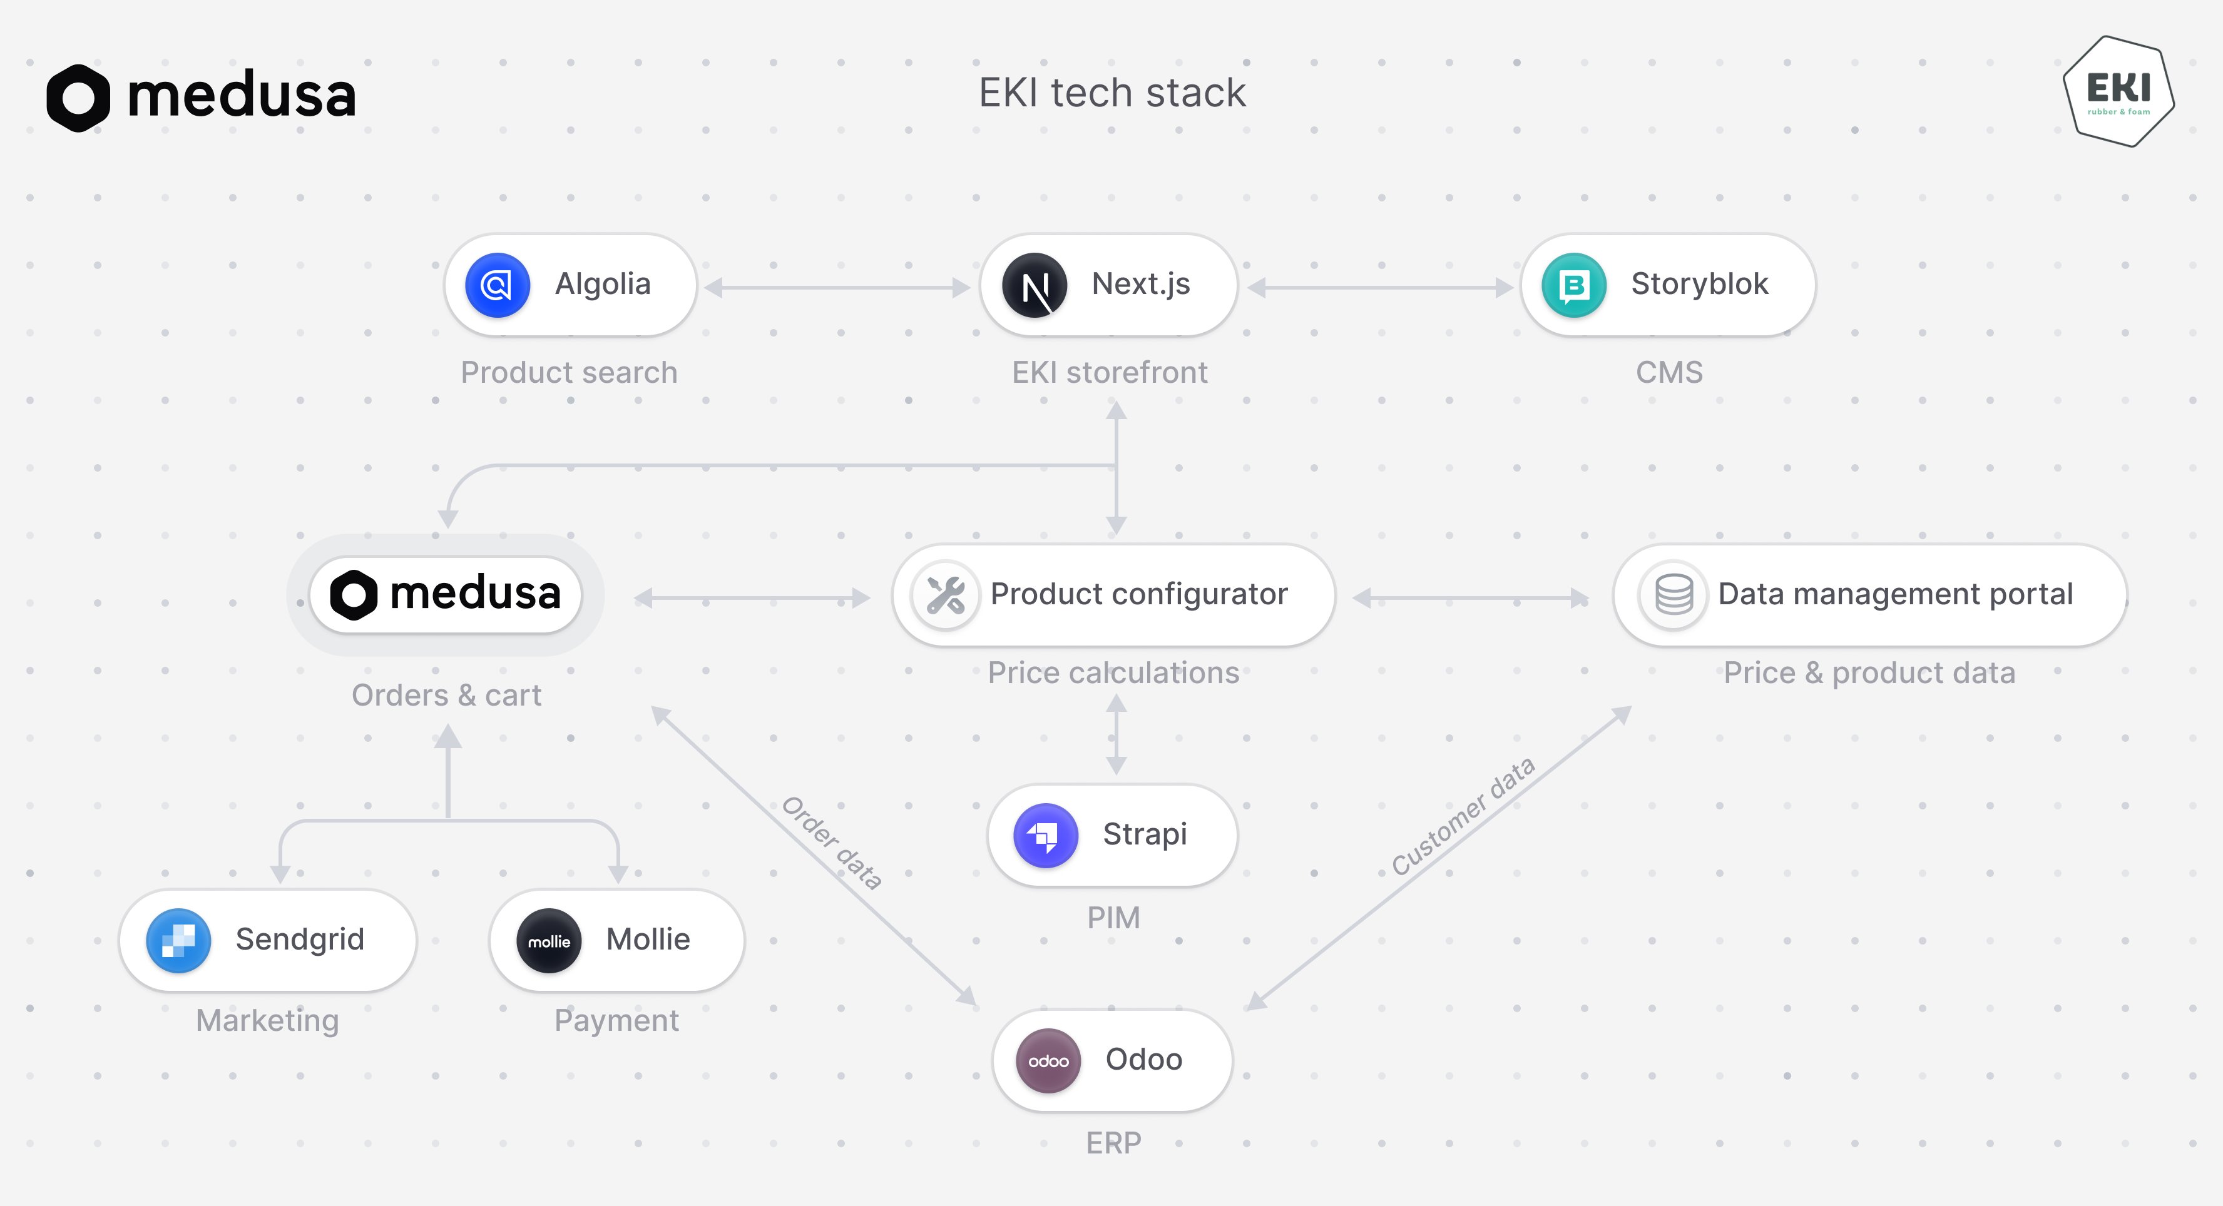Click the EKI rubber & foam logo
coord(2118,91)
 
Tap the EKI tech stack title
coord(1111,93)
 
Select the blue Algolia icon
coord(497,285)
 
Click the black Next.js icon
coord(1034,285)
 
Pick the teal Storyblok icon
coord(1573,285)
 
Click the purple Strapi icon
coord(1045,835)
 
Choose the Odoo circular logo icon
coord(1048,1060)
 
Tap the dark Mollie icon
coord(549,940)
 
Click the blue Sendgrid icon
coord(178,940)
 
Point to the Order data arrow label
coord(832,843)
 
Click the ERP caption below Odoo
coord(1113,1143)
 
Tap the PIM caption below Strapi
coord(1113,917)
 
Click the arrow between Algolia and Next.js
coord(837,287)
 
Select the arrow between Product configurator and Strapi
coord(1116,734)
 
